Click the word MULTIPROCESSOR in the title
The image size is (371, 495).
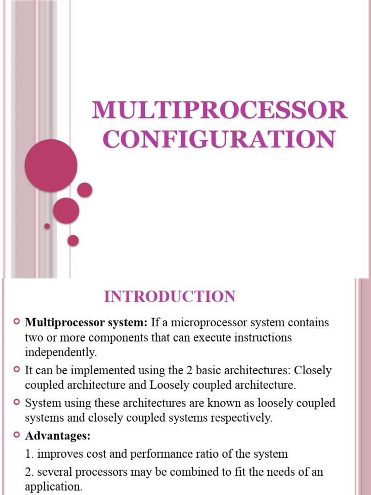(x=219, y=111)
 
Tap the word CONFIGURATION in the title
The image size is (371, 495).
(x=219, y=139)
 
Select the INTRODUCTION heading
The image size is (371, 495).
(x=170, y=296)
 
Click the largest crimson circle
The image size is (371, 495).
(x=51, y=165)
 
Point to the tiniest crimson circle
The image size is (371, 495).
(x=47, y=226)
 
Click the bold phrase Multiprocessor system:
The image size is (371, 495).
(x=86, y=322)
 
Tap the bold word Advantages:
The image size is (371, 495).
(x=58, y=436)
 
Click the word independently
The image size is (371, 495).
(x=61, y=353)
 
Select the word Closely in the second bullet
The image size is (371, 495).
(x=313, y=371)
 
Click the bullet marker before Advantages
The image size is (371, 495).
(x=17, y=436)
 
